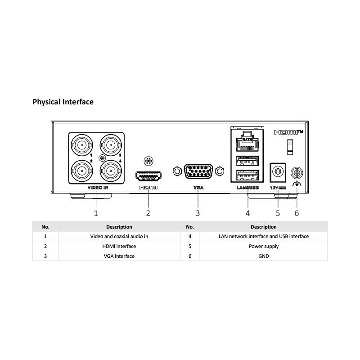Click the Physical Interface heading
coord(63,102)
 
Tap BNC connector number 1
coord(82,145)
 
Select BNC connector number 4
coord(111,171)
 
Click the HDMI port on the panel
coord(148,176)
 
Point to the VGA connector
coord(198,171)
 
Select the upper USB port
coord(247,161)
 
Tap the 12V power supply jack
coord(278,172)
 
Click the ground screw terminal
coord(297,173)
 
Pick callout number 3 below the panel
coord(198,213)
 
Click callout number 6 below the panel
coord(297,213)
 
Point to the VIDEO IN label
coord(98,188)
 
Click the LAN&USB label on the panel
coord(247,188)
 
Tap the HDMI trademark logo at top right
coord(288,132)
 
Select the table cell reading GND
coord(264,256)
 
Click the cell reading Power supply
coord(264,246)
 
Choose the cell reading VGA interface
coord(119,256)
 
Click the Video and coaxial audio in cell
coord(119,236)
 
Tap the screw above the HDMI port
coord(148,161)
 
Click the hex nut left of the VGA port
coord(177,171)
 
